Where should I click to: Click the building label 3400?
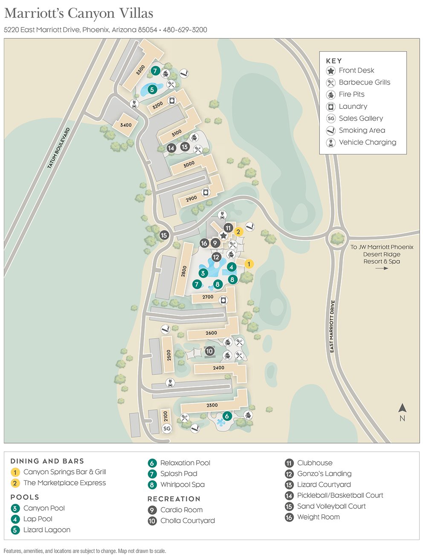coord(126,125)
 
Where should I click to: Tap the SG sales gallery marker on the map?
coord(167,428)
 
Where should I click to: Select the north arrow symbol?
coord(402,409)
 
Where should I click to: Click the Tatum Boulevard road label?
coord(58,148)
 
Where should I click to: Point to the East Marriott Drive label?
coord(332,326)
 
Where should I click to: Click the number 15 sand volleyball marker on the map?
coord(164,235)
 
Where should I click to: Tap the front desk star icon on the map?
coord(223,236)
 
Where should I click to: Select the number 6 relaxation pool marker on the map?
coord(227,416)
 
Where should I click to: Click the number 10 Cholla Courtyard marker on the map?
coord(209,351)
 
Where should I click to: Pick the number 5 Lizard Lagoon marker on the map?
coord(152,90)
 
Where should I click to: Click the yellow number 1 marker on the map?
coord(249,264)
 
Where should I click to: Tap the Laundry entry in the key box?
coord(353,106)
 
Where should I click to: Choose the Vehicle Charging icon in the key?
coord(331,143)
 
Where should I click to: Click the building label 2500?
coord(169,355)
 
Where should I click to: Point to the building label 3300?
coord(140,70)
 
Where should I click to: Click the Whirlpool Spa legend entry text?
coord(182,485)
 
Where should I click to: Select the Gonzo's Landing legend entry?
coord(324,473)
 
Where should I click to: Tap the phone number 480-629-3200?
coord(185,30)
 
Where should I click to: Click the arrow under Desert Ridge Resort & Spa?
coord(382,268)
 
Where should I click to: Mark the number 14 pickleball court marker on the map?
coord(171,148)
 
